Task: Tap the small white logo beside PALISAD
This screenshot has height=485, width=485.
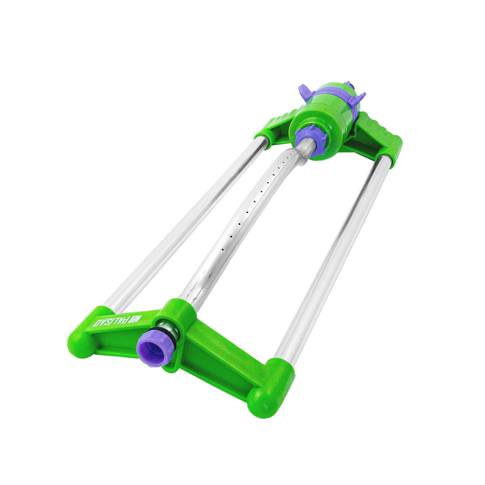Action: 136,318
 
